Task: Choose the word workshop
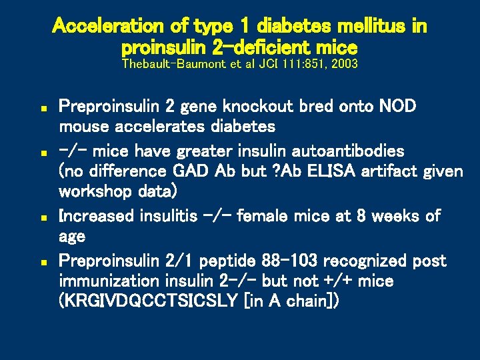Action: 93,192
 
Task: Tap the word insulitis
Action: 170,216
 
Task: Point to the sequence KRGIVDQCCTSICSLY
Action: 149,301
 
